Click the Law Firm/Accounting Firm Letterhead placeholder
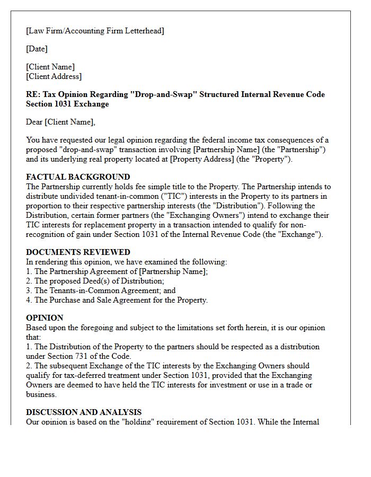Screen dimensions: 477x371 pos(95,31)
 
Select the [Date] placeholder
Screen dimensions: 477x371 pos(37,49)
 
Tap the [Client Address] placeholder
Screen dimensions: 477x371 pos(54,76)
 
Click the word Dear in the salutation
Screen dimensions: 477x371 pos(34,122)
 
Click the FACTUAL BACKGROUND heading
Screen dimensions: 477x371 pos(78,177)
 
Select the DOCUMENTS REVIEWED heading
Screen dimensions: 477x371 pos(78,252)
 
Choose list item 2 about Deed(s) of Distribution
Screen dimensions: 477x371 pos(95,281)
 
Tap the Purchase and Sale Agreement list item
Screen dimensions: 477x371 pos(117,300)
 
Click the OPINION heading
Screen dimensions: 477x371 pos(45,318)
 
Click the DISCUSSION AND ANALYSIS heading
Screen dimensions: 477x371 pos(84,412)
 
